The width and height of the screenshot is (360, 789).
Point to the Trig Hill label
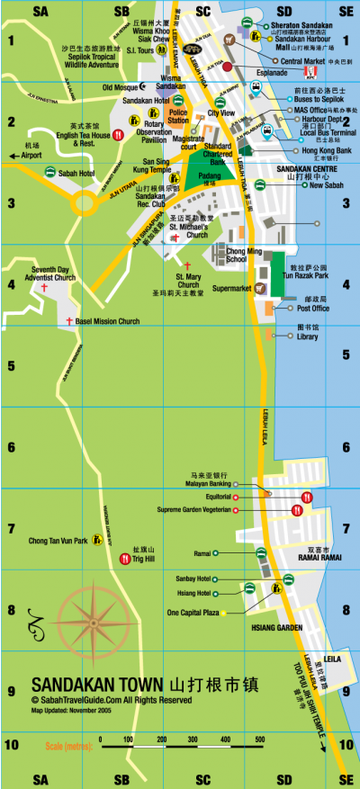(x=145, y=559)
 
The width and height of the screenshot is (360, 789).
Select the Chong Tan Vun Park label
(x=58, y=541)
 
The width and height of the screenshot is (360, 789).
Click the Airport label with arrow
(x=31, y=155)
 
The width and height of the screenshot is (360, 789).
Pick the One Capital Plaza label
(x=193, y=613)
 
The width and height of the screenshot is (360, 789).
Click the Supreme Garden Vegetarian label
(x=193, y=510)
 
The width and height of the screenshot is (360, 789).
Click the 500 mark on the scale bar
(x=259, y=740)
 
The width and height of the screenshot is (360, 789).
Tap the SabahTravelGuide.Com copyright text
(x=111, y=699)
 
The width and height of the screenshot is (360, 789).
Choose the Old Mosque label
(x=121, y=87)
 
